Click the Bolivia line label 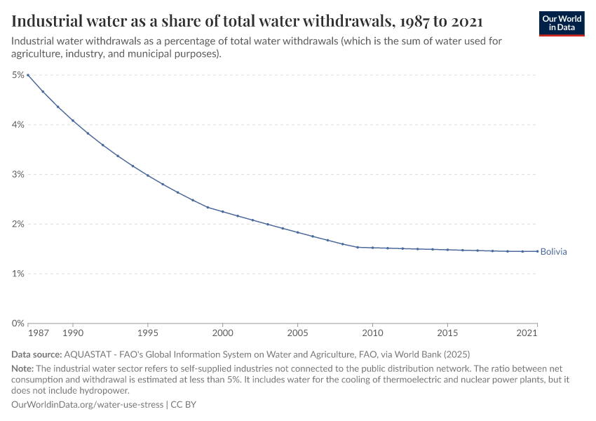click(x=553, y=251)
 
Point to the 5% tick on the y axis click(x=18, y=75)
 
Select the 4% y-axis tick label click(x=18, y=125)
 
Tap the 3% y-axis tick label click(x=18, y=175)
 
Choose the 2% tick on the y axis click(x=18, y=225)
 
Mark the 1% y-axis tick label click(x=18, y=274)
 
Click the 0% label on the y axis click(x=18, y=323)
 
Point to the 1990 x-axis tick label click(x=73, y=332)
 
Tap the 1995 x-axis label click(x=148, y=332)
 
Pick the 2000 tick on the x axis click(x=223, y=332)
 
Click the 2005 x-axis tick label click(x=298, y=332)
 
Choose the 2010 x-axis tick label click(x=372, y=332)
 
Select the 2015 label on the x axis click(x=447, y=332)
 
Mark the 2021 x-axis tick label click(x=527, y=332)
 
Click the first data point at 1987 click(x=28, y=75)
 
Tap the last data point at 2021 click(x=537, y=251)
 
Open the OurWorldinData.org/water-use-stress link click(x=87, y=405)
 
